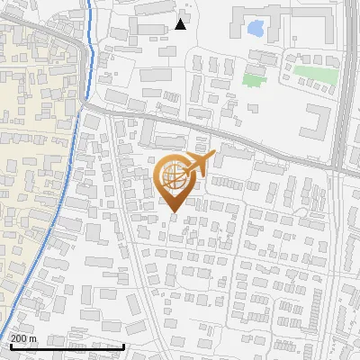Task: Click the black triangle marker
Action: tap(181, 24)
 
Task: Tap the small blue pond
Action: tap(256, 29)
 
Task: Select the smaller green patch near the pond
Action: tap(254, 79)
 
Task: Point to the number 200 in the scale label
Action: tap(21, 338)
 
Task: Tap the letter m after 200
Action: tap(33, 338)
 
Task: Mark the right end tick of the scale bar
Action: tap(123, 345)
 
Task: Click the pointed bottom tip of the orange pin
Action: tap(174, 212)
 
